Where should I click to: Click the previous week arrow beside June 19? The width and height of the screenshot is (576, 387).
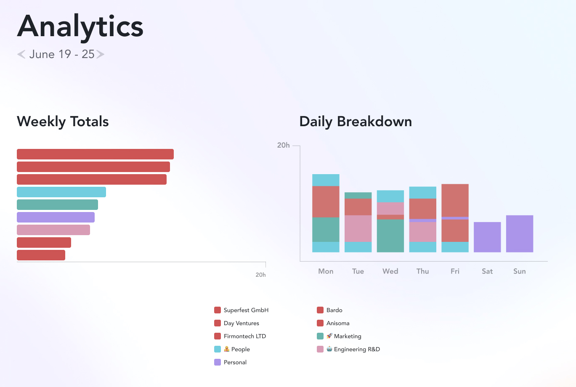[x=21, y=54]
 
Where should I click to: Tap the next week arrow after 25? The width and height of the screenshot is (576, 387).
[x=100, y=54]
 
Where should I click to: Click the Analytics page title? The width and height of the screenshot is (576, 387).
[x=80, y=26]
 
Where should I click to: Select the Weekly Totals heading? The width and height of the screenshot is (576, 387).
[x=63, y=122]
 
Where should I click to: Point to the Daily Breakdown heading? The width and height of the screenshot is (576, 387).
[x=356, y=122]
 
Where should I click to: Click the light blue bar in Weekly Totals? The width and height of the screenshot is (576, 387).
[x=61, y=192]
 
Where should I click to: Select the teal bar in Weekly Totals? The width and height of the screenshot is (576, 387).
[x=57, y=205]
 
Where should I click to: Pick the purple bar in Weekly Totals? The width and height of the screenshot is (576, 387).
[x=56, y=217]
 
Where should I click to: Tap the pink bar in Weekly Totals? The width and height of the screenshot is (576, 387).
[x=53, y=230]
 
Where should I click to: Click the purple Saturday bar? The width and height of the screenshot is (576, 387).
[x=487, y=237]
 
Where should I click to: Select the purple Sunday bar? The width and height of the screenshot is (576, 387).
[x=520, y=234]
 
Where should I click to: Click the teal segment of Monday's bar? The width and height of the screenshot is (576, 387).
[x=326, y=230]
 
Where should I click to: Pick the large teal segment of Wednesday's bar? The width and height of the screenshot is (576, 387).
[x=390, y=236]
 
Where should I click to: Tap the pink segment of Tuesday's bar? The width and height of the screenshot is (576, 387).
[x=358, y=228]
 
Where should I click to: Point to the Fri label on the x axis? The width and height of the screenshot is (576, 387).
[x=455, y=271]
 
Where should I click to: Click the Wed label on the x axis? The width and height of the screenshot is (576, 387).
[x=390, y=271]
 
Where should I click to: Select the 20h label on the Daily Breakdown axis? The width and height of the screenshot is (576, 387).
[x=283, y=145]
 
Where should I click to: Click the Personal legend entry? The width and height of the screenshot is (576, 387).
[x=235, y=362]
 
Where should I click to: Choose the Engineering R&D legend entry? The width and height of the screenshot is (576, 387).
[x=356, y=349]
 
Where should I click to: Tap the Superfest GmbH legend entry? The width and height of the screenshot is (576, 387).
[x=246, y=310]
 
